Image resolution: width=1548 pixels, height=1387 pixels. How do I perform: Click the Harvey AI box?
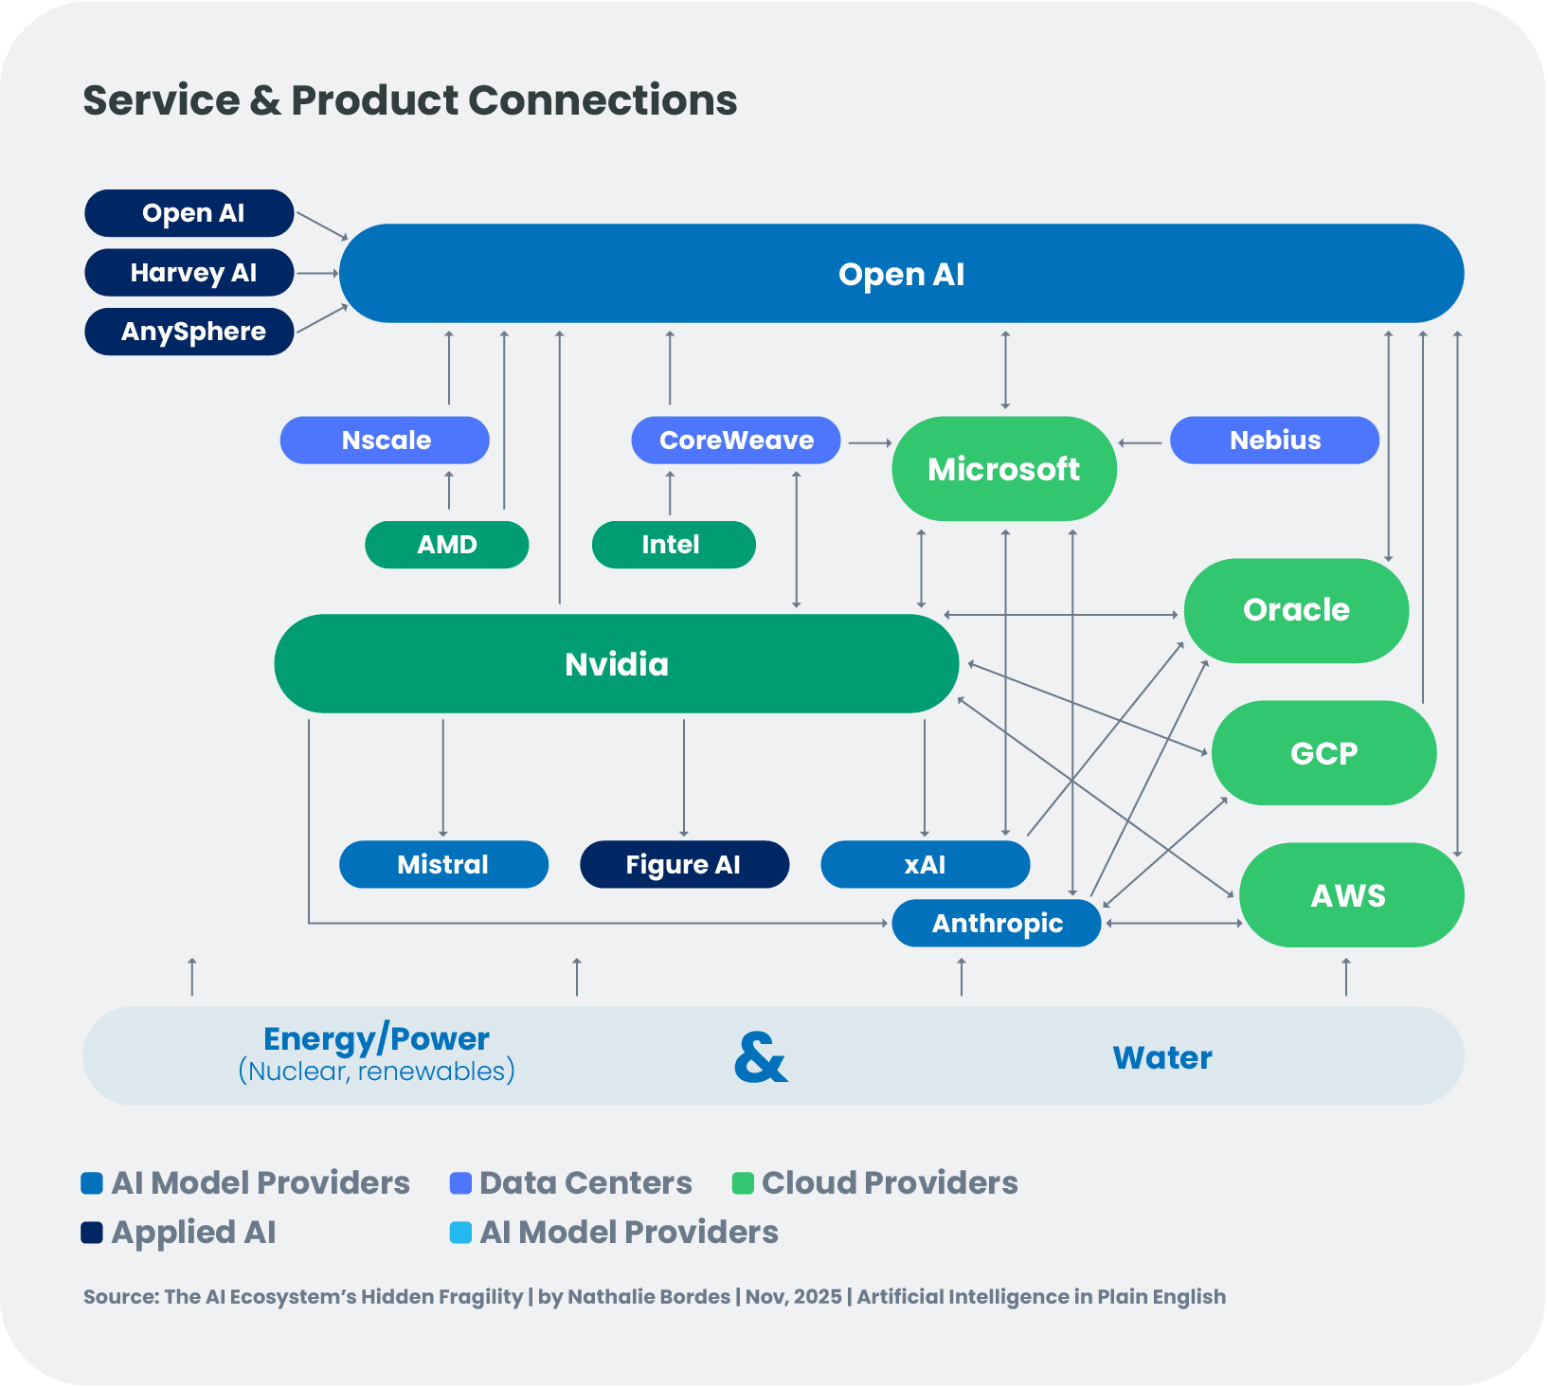189,273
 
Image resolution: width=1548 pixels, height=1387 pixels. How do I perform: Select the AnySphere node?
189,332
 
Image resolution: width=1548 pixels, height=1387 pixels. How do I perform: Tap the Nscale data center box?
385,441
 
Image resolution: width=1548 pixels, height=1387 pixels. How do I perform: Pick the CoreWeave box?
736,441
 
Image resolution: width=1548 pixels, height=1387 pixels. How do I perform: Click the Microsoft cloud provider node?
1004,469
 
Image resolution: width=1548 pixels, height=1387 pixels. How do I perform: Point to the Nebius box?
1274,441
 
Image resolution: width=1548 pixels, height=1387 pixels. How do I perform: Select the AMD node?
447,545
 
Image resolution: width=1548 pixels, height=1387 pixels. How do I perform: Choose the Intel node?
674,545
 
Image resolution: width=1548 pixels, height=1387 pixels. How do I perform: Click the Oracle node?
1296,610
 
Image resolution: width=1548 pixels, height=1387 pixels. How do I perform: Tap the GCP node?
1323,753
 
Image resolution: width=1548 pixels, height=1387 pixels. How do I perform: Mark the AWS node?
1351,895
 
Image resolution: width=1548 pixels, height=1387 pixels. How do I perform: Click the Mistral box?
443,864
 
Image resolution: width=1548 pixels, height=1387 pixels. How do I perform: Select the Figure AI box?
684,864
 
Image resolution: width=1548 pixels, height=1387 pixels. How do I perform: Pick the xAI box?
925,864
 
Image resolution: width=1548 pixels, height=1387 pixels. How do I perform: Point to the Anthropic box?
997,924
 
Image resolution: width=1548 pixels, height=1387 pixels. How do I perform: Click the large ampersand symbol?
761,1057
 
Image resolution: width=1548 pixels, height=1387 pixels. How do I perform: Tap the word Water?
1162,1057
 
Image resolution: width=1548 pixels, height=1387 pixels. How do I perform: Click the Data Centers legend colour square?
460,1183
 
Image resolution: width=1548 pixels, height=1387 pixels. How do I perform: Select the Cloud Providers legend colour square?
743,1183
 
